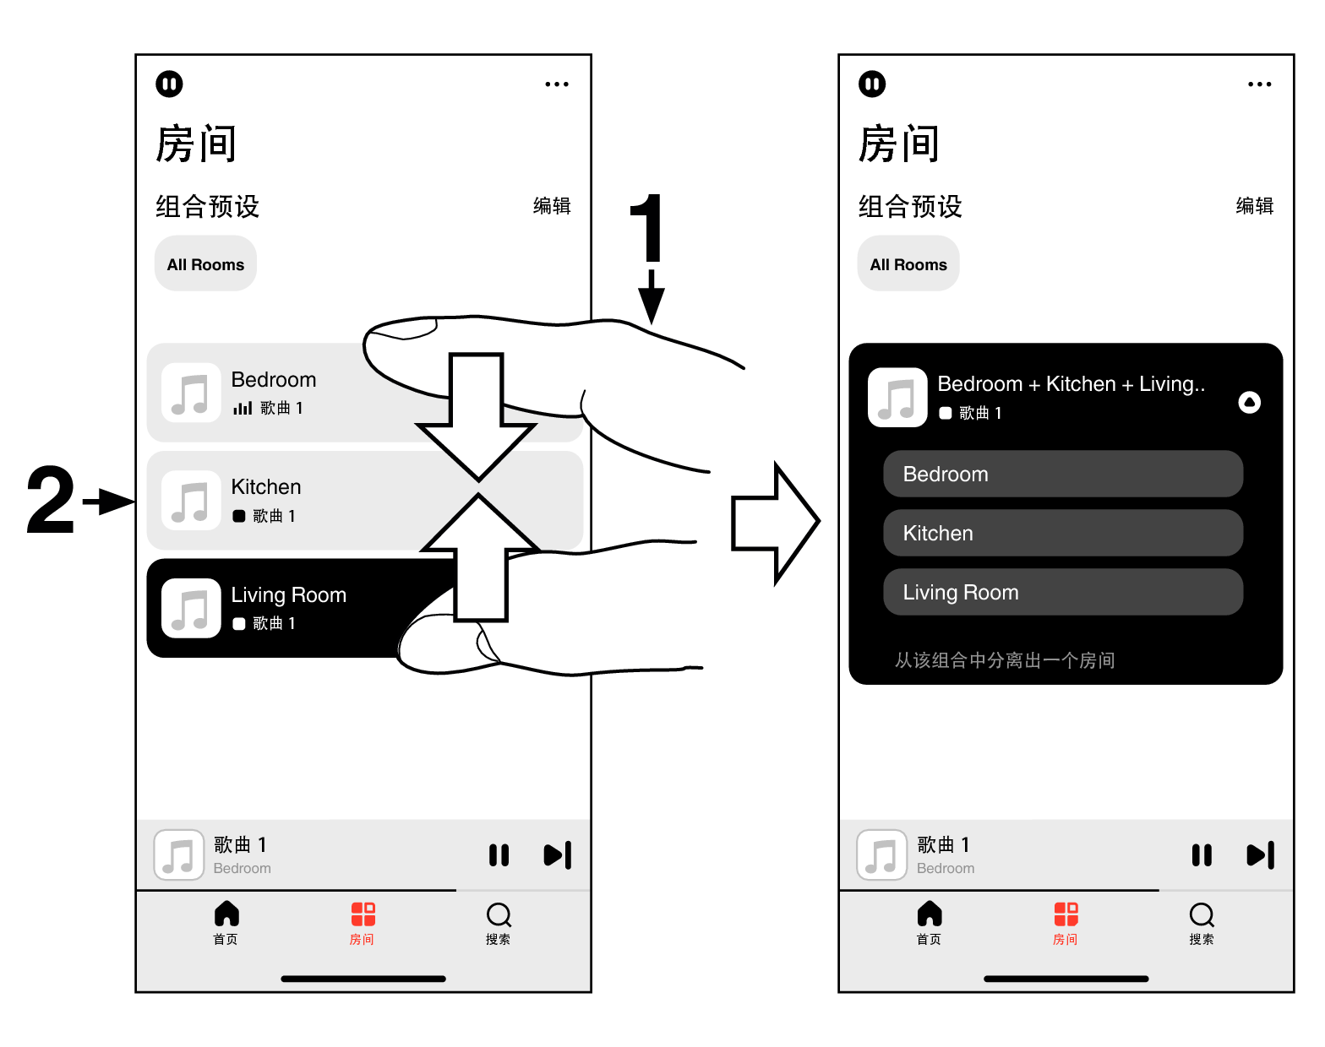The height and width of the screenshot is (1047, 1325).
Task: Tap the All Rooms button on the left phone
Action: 205,264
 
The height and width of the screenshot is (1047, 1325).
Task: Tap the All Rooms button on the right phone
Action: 908,264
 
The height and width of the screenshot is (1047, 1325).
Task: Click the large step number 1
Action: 647,228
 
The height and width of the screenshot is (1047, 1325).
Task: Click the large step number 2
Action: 51,501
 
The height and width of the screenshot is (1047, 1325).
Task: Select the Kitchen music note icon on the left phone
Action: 191,501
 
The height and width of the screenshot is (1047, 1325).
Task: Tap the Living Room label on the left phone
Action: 288,595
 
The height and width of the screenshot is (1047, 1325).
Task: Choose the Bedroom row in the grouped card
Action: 1062,474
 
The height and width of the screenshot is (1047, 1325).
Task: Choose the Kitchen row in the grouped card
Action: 1062,533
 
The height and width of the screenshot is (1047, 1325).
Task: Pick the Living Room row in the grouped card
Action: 1062,592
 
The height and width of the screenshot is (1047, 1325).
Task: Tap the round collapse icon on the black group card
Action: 1249,403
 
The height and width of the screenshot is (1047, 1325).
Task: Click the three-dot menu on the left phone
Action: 557,84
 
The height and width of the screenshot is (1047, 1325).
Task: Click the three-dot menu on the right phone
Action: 1259,84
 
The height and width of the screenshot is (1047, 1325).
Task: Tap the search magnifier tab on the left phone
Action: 499,915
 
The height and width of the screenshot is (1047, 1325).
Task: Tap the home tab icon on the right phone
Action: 930,914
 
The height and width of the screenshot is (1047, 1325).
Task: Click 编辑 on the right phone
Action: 1254,206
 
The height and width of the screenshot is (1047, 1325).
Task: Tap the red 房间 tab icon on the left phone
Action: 363,914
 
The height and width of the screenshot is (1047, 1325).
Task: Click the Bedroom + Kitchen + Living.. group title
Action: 1071,384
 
